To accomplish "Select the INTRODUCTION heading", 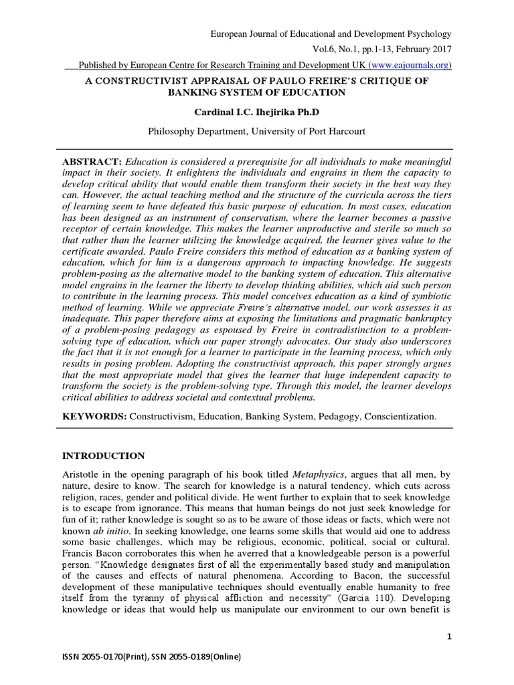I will (x=103, y=456).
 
